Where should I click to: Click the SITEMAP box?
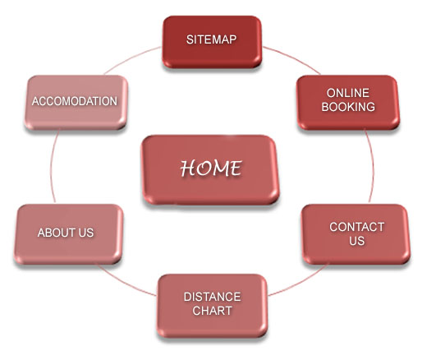[x=212, y=42]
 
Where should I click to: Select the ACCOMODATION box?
[x=76, y=102]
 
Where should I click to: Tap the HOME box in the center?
[x=210, y=170]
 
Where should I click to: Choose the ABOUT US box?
[x=68, y=234]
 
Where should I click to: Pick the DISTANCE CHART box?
[x=212, y=306]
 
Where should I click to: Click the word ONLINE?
[x=348, y=93]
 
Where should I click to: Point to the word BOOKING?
[x=348, y=107]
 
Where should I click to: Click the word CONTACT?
[x=357, y=227]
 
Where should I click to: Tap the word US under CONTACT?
[x=356, y=241]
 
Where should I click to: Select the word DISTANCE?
[x=212, y=297]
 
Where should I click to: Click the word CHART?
[x=212, y=311]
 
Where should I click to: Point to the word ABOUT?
[x=56, y=233]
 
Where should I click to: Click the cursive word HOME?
[x=211, y=168]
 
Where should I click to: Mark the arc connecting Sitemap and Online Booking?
[x=293, y=58]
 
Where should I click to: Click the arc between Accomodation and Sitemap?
[x=131, y=58]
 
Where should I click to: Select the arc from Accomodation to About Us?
[x=51, y=167]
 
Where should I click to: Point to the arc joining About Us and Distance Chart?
[x=126, y=282]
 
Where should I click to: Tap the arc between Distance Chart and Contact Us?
[x=299, y=282]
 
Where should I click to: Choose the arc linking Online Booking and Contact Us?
[x=373, y=167]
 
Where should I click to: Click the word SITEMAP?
[x=211, y=39]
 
